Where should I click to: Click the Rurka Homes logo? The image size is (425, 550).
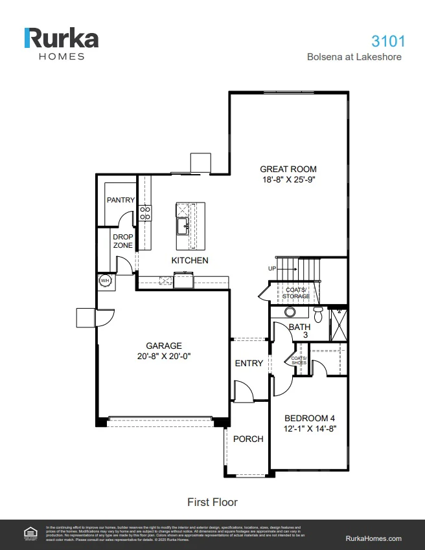click(61, 43)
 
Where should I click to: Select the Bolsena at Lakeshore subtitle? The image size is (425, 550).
click(354, 57)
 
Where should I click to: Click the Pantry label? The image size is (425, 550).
click(121, 200)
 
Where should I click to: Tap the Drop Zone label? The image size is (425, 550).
click(123, 241)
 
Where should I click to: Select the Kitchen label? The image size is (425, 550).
click(190, 260)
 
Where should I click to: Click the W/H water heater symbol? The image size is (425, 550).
click(104, 281)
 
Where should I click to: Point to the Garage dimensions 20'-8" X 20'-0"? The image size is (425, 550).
click(163, 356)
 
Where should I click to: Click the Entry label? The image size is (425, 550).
click(249, 364)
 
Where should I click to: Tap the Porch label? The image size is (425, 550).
click(248, 439)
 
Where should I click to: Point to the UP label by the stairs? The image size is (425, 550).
click(272, 268)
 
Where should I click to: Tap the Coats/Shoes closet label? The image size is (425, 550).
click(299, 360)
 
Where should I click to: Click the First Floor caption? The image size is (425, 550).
click(212, 502)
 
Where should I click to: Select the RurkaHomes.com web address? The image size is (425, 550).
click(374, 538)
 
